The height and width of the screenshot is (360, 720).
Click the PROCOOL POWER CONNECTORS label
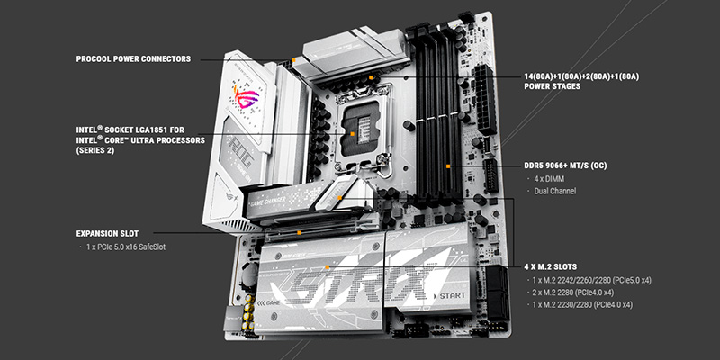coord(133,59)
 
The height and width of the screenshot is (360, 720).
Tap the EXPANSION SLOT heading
coord(107,233)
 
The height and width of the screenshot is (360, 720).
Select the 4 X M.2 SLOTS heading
coord(551,266)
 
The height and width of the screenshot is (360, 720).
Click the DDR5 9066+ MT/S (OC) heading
coord(565,166)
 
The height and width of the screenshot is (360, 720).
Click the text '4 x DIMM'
coord(549,179)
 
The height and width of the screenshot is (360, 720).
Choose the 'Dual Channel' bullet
coord(554,191)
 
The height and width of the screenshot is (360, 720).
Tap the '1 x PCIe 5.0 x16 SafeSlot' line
coord(126,247)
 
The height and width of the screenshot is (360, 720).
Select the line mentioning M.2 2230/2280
coord(582,304)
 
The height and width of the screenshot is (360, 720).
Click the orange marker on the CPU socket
coord(352,133)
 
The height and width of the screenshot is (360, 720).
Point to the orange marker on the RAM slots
coord(448,166)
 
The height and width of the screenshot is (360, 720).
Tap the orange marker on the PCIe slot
coord(299,233)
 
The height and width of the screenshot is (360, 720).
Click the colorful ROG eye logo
coord(246,97)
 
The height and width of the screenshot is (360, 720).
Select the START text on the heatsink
coord(453,296)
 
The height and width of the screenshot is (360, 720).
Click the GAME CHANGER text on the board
coord(268,200)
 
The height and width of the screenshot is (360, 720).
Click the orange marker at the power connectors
coord(293,59)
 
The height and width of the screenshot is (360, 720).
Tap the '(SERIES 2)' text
coord(95,150)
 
